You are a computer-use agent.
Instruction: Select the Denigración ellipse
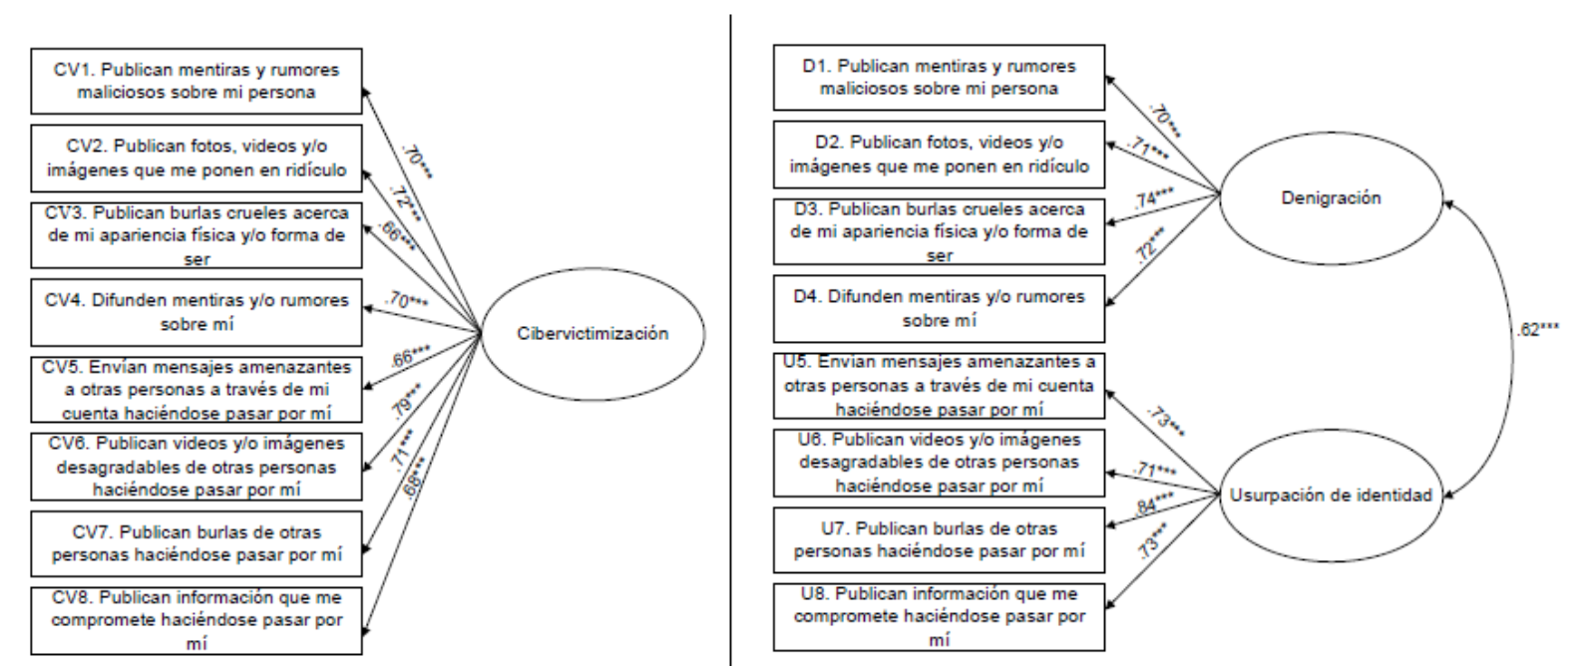pyautogui.click(x=1331, y=198)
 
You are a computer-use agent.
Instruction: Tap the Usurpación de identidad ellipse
pyautogui.click(x=1331, y=496)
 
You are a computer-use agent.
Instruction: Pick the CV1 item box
pyautogui.click(x=197, y=82)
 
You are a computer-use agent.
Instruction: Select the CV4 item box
pyautogui.click(x=197, y=311)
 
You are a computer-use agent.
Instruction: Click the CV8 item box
pyautogui.click(x=197, y=620)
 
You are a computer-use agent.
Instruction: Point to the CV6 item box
pyautogui.click(x=197, y=467)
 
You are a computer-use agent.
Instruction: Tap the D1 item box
pyautogui.click(x=940, y=78)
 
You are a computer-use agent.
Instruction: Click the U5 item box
pyautogui.click(x=940, y=386)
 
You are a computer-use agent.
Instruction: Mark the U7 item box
pyautogui.click(x=940, y=539)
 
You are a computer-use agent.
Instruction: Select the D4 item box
pyautogui.click(x=940, y=309)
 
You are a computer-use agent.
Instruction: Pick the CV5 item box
pyautogui.click(x=197, y=389)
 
